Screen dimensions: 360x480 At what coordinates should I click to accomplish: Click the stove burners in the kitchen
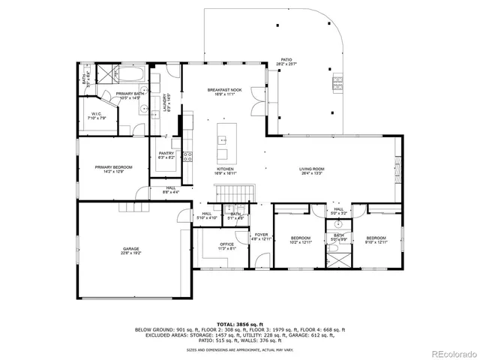186,157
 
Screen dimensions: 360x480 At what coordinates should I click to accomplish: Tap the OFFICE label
226,245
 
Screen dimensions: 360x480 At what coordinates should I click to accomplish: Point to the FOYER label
261,236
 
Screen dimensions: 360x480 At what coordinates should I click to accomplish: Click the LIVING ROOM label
311,171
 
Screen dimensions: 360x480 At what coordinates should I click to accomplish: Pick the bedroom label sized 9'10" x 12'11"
375,239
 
